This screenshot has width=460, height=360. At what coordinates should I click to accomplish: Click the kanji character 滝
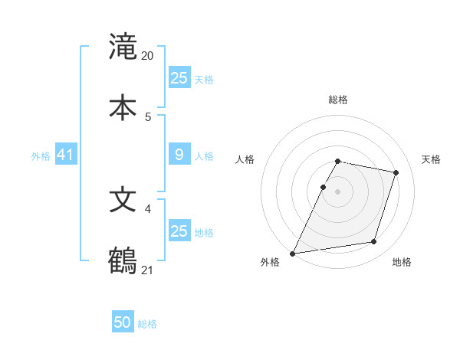point(123,47)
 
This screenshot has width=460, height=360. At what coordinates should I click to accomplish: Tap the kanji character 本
point(123,107)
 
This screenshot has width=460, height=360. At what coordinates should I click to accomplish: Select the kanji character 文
point(123,200)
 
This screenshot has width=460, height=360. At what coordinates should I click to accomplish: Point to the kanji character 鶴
point(123,260)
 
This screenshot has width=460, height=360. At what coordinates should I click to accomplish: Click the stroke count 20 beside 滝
point(148,56)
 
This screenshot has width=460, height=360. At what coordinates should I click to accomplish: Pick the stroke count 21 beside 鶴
point(148,269)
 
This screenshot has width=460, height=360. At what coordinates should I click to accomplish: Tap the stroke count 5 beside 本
point(148,116)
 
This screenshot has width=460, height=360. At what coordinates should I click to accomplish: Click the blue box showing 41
point(66,155)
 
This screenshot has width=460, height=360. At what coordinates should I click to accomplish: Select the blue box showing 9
point(179,155)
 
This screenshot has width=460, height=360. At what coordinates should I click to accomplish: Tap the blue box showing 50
point(123,322)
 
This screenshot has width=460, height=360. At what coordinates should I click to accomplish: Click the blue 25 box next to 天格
point(179,77)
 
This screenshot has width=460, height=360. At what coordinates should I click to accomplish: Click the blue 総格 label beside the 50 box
point(147,324)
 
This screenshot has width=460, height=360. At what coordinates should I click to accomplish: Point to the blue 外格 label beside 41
point(41,156)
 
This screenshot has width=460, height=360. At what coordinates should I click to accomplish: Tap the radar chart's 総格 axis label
point(338,100)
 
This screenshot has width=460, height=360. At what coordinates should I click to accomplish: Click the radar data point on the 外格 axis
point(293,253)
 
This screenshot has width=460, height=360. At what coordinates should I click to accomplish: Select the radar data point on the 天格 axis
point(396,172)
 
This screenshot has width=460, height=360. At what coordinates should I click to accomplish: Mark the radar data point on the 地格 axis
point(374,242)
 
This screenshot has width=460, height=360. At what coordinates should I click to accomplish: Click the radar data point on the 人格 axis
point(323,187)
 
